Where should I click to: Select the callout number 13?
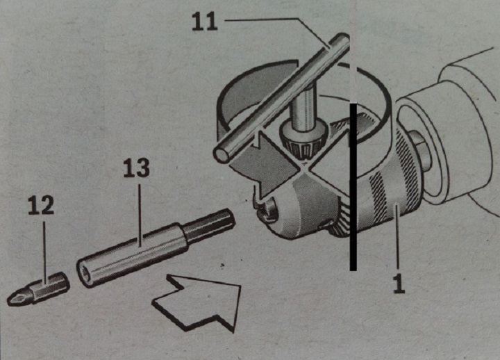click(x=136, y=170)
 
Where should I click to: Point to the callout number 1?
click(x=399, y=283)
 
